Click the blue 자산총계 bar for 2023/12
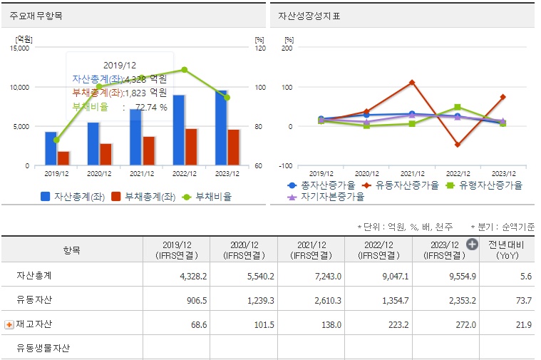(222, 128)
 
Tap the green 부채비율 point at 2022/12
(185, 70)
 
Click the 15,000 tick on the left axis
(19, 48)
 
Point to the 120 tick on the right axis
(259, 48)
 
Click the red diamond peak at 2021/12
(413, 83)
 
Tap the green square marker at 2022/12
(458, 108)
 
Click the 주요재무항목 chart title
(36, 15)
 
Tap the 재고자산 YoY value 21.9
(524, 324)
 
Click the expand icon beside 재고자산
(9, 324)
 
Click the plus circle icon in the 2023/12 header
(472, 244)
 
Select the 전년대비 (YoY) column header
(507, 250)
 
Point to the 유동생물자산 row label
(43, 349)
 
